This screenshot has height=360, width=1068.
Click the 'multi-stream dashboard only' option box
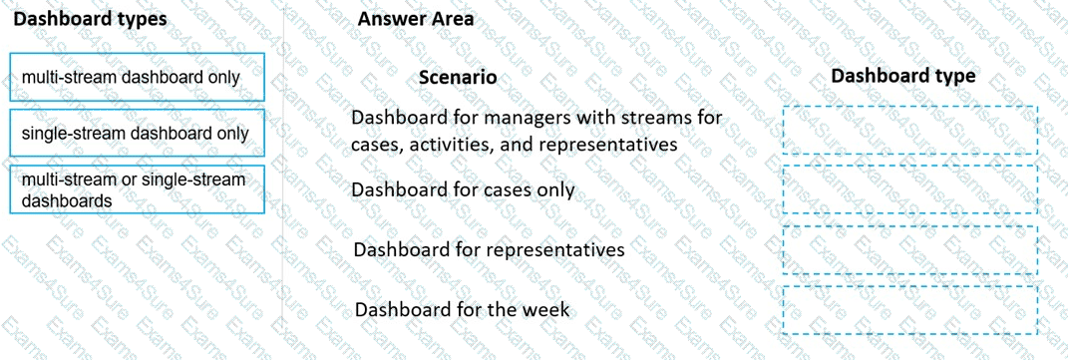coord(137,77)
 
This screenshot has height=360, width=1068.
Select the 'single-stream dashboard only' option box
coord(137,134)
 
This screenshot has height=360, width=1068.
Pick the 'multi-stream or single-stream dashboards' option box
coord(137,189)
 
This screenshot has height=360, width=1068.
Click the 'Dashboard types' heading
coord(90,19)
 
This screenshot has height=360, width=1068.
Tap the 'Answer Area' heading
coord(416,19)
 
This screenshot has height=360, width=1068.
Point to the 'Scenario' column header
coord(458,77)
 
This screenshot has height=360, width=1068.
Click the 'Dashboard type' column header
coord(903,76)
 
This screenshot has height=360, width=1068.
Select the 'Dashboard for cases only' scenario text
coord(463,189)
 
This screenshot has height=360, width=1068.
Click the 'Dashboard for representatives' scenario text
coord(489,248)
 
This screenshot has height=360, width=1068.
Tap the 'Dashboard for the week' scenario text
coord(462,309)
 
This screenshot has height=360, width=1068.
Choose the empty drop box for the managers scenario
coord(909,130)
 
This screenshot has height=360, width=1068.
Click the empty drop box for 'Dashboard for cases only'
coord(909,189)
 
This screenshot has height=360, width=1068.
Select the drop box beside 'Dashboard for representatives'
coord(909,249)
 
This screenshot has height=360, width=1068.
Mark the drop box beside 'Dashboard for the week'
coord(909,310)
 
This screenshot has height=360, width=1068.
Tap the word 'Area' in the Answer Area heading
coord(451,19)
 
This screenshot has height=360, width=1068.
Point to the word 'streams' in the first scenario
coord(650,118)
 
